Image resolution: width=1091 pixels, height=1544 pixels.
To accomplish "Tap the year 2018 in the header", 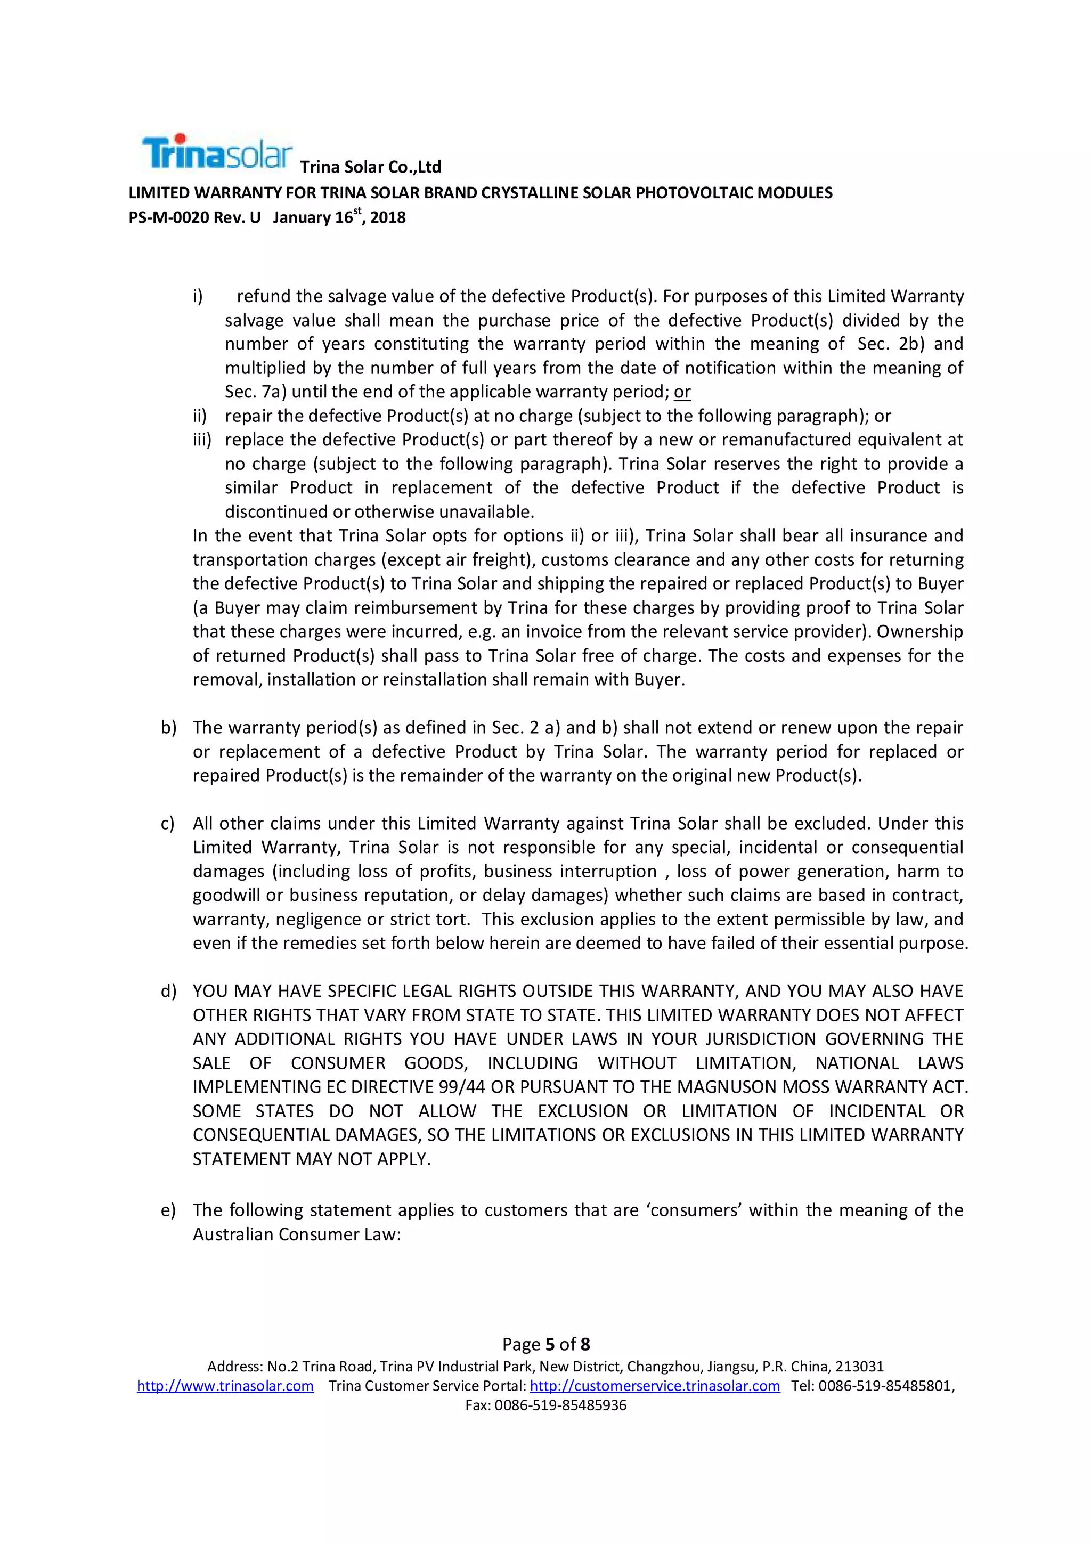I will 388,218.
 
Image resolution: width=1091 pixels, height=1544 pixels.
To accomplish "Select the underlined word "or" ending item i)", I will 682,392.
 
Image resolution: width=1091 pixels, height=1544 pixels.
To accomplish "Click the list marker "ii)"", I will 200,416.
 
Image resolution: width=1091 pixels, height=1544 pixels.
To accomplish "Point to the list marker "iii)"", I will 202,440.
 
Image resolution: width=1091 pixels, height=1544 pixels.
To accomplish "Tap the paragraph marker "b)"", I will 168,728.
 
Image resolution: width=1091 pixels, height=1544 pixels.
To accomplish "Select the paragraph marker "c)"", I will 167,824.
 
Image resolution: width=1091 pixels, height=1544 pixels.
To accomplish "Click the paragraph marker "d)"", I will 168,991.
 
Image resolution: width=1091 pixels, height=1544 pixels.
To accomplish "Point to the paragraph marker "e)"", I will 168,1210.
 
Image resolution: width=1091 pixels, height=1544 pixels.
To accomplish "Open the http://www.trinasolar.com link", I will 225,1386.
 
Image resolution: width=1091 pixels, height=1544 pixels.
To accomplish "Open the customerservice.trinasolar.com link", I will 655,1386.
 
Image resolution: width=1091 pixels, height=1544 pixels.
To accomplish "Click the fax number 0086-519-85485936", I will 560,1405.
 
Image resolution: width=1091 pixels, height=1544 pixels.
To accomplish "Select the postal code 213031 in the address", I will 859,1367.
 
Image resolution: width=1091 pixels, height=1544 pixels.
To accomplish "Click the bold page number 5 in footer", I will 550,1344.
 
